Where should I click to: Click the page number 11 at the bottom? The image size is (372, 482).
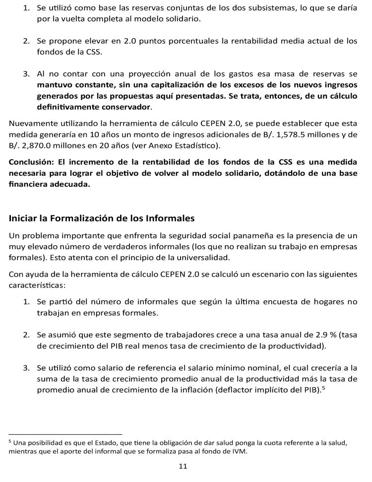tap(183, 466)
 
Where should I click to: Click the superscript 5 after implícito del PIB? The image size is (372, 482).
tap(323, 387)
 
